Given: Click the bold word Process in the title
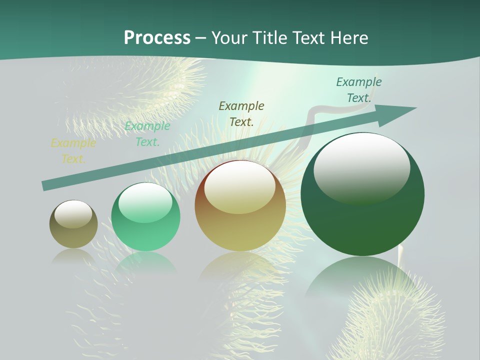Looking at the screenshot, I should coord(157,38).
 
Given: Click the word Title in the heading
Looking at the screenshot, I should coord(268,38).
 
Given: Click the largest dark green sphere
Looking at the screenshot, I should coord(362,225).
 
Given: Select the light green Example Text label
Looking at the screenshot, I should coord(147,134).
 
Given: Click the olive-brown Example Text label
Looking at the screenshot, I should coord(241,113).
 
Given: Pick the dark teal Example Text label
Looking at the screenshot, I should coord(359,90).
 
